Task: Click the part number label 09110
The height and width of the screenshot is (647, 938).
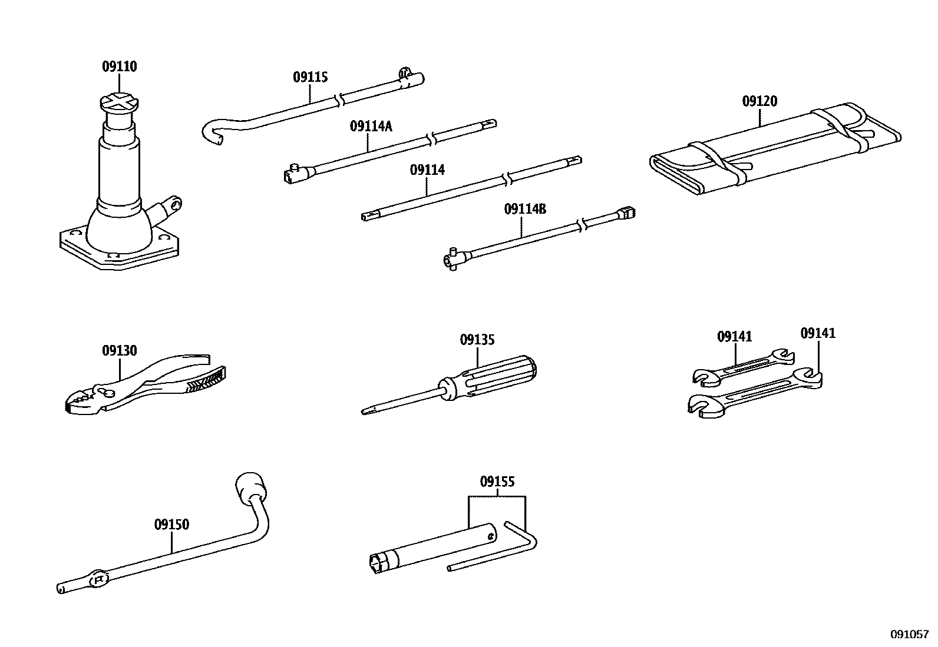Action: [119, 67]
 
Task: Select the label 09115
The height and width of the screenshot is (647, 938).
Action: [310, 77]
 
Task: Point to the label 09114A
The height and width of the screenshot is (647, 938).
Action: [371, 126]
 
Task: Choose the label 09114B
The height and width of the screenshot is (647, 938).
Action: [525, 209]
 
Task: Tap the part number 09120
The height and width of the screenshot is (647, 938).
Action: [759, 101]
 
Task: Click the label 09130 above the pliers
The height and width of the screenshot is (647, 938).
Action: [119, 351]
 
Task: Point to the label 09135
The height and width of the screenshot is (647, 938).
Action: [477, 340]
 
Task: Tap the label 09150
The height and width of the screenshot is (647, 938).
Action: [171, 524]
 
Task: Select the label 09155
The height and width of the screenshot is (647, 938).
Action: [497, 482]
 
